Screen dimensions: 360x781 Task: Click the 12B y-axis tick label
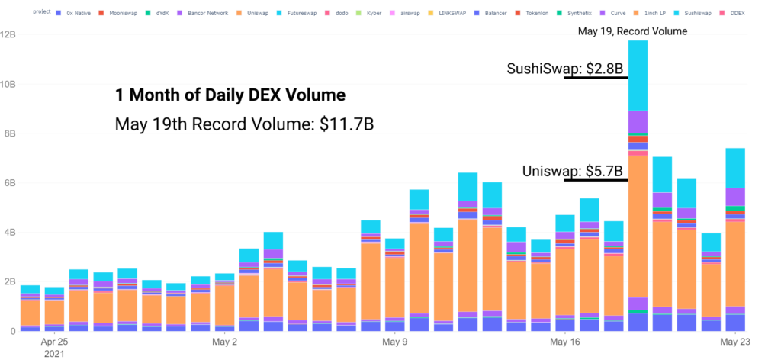(8, 34)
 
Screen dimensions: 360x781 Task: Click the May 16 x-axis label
(565, 342)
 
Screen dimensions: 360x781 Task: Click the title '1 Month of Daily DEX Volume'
(230, 95)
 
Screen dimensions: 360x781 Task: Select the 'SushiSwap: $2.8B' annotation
(565, 69)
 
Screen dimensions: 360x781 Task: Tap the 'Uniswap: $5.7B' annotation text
(573, 172)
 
